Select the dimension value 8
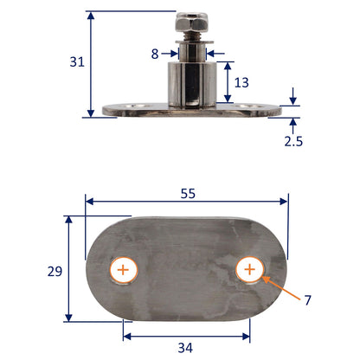click(x=154, y=54)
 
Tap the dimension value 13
click(x=241, y=82)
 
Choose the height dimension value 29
click(x=55, y=270)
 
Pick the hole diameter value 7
click(x=307, y=300)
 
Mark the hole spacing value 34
click(x=185, y=348)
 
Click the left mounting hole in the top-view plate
click(x=124, y=270)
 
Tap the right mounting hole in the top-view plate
click(x=249, y=270)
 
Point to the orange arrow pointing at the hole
click(x=277, y=286)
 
